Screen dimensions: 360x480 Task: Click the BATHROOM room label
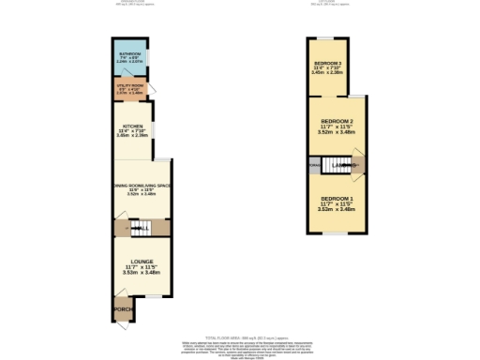coord(129,55)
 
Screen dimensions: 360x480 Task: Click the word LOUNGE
coord(136,262)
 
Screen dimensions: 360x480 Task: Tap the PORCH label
coord(121,308)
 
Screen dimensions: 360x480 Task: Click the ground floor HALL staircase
coord(140,227)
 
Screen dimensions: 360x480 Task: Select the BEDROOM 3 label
coord(327,63)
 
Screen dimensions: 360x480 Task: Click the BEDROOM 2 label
coord(337,122)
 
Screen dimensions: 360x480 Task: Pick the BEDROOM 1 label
coord(337,201)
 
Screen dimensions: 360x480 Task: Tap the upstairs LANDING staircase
coord(336,166)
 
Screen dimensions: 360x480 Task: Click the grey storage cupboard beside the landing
coord(312,167)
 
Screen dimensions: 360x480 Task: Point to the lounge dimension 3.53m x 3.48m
coord(136,272)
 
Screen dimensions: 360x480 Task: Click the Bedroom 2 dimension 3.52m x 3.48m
coord(337,133)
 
